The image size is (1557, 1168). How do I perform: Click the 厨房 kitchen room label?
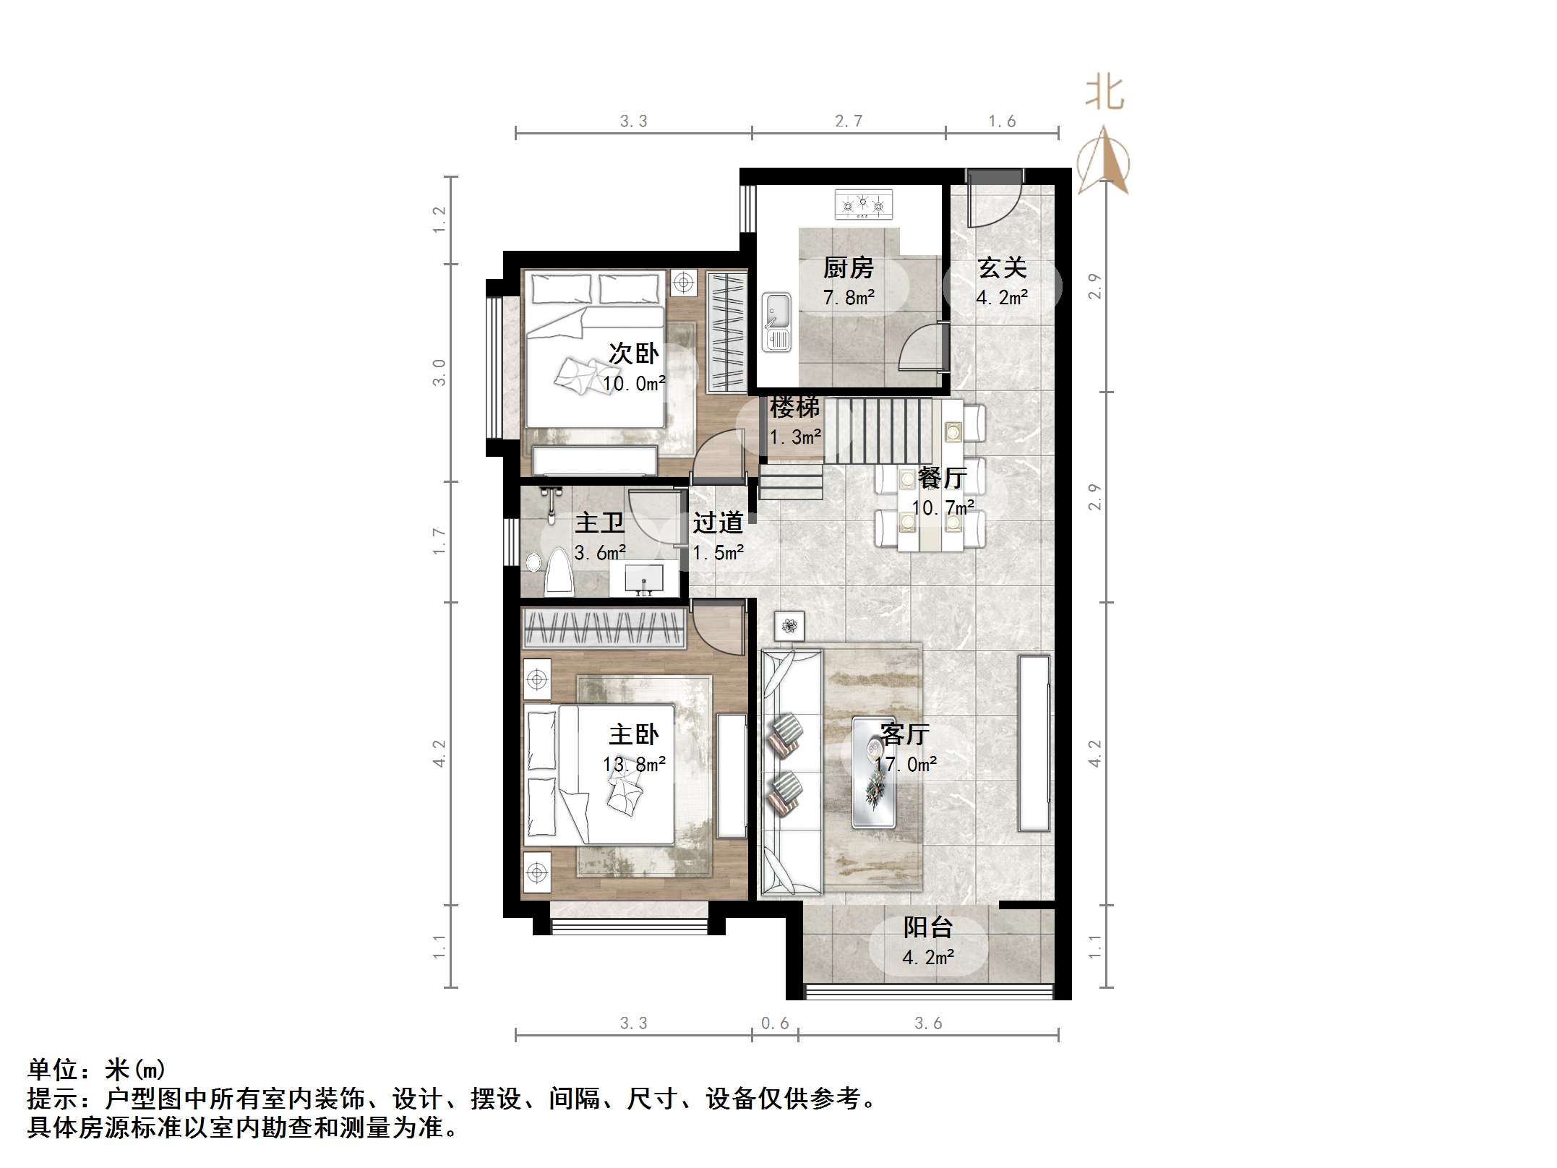[x=849, y=269]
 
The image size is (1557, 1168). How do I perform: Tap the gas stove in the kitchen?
[x=863, y=205]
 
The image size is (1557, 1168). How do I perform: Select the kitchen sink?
[x=777, y=322]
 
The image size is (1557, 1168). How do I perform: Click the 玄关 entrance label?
[x=1002, y=269]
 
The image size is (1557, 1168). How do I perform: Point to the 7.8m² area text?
[x=849, y=298]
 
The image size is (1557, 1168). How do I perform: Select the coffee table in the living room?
[x=873, y=772]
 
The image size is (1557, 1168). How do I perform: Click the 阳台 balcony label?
[x=928, y=928]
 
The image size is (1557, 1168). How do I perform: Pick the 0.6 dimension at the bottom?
[x=775, y=1023]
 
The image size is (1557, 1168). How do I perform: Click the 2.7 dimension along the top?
[x=849, y=121]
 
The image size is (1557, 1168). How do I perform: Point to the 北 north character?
[x=1105, y=93]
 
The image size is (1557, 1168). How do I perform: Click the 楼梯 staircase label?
[x=794, y=408]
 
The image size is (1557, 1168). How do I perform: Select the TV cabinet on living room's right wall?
[x=1034, y=743]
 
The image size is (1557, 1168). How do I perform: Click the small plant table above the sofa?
[x=789, y=626]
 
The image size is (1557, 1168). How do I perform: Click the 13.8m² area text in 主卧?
[x=634, y=765]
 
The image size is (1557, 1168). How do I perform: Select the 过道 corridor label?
[x=718, y=523]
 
